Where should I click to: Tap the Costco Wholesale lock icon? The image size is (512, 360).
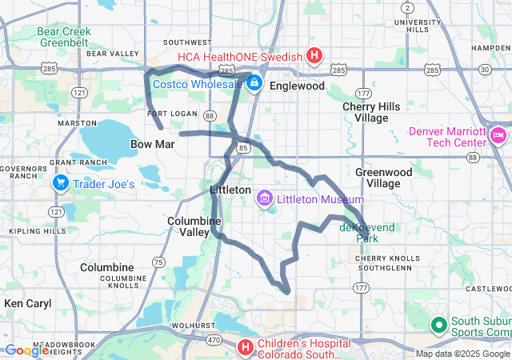254,82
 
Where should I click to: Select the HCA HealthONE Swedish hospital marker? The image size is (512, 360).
314,56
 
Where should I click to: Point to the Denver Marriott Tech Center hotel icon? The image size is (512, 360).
499,135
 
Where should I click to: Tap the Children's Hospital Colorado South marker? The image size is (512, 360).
246,346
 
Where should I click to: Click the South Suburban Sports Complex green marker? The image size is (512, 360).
438,325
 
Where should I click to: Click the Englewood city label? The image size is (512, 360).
297,86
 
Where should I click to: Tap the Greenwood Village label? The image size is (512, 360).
383,178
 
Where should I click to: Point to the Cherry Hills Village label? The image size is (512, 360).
365,112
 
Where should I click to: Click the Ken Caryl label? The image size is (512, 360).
27,303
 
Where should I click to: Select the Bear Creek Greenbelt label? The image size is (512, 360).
64,37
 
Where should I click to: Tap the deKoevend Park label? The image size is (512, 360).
368,233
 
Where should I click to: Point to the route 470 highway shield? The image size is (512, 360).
213,340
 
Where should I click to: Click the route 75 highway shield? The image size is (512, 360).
158,262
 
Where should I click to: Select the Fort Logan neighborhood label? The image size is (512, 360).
168,114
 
